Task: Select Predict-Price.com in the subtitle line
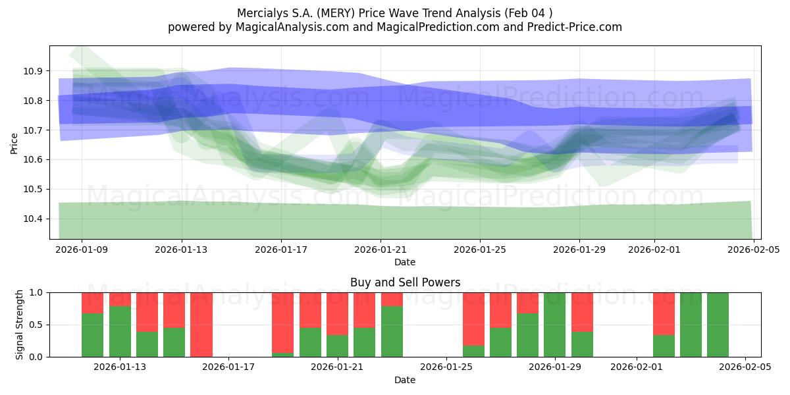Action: click(573, 27)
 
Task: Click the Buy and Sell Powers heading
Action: click(405, 282)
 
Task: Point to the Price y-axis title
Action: click(14, 142)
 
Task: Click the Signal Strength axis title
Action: click(20, 325)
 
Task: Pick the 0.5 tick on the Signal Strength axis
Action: click(36, 325)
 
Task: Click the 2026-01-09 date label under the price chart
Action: click(82, 250)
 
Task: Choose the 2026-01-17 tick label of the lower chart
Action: click(228, 367)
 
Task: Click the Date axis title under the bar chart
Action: click(405, 380)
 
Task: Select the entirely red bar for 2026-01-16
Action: click(201, 325)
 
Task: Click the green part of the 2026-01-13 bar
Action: click(120, 332)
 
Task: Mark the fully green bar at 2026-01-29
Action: click(554, 325)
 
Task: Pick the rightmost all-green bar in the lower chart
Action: click(718, 325)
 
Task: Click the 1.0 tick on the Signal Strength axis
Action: click(36, 292)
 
